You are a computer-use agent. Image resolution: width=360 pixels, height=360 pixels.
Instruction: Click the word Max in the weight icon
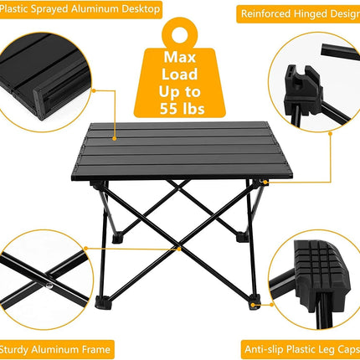tap(180, 57)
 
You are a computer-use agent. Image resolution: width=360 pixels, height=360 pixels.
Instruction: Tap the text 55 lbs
tap(182, 109)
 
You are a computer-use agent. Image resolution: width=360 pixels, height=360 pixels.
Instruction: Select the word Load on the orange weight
tap(180, 75)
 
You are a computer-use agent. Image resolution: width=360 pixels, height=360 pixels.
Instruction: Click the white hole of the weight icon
tap(179, 34)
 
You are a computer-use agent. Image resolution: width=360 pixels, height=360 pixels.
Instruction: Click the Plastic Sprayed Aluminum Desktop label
tap(80, 9)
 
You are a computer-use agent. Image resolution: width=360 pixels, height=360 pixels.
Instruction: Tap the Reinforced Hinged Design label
tap(299, 13)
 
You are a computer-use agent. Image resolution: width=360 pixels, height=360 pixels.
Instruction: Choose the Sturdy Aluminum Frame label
tap(56, 349)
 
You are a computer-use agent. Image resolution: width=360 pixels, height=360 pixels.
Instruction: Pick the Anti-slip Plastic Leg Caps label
tap(301, 349)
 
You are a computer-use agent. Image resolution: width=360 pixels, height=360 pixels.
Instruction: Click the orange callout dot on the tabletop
tap(115, 138)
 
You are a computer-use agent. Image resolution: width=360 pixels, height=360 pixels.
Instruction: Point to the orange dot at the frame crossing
tap(179, 249)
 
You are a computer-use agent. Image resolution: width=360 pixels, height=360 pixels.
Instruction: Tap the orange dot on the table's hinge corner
tap(265, 183)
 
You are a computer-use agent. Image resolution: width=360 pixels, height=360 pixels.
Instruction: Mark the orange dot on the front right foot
tap(254, 305)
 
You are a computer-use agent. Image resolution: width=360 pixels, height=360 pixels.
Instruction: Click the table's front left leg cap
tap(102, 303)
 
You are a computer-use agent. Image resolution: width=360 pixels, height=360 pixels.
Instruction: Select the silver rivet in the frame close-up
tap(49, 286)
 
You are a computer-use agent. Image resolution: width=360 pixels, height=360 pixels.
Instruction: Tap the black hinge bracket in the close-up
tap(304, 90)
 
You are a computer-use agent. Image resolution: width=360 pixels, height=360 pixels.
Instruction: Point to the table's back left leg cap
tap(118, 238)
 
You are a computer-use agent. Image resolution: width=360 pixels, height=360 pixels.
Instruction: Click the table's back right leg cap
tap(242, 237)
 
